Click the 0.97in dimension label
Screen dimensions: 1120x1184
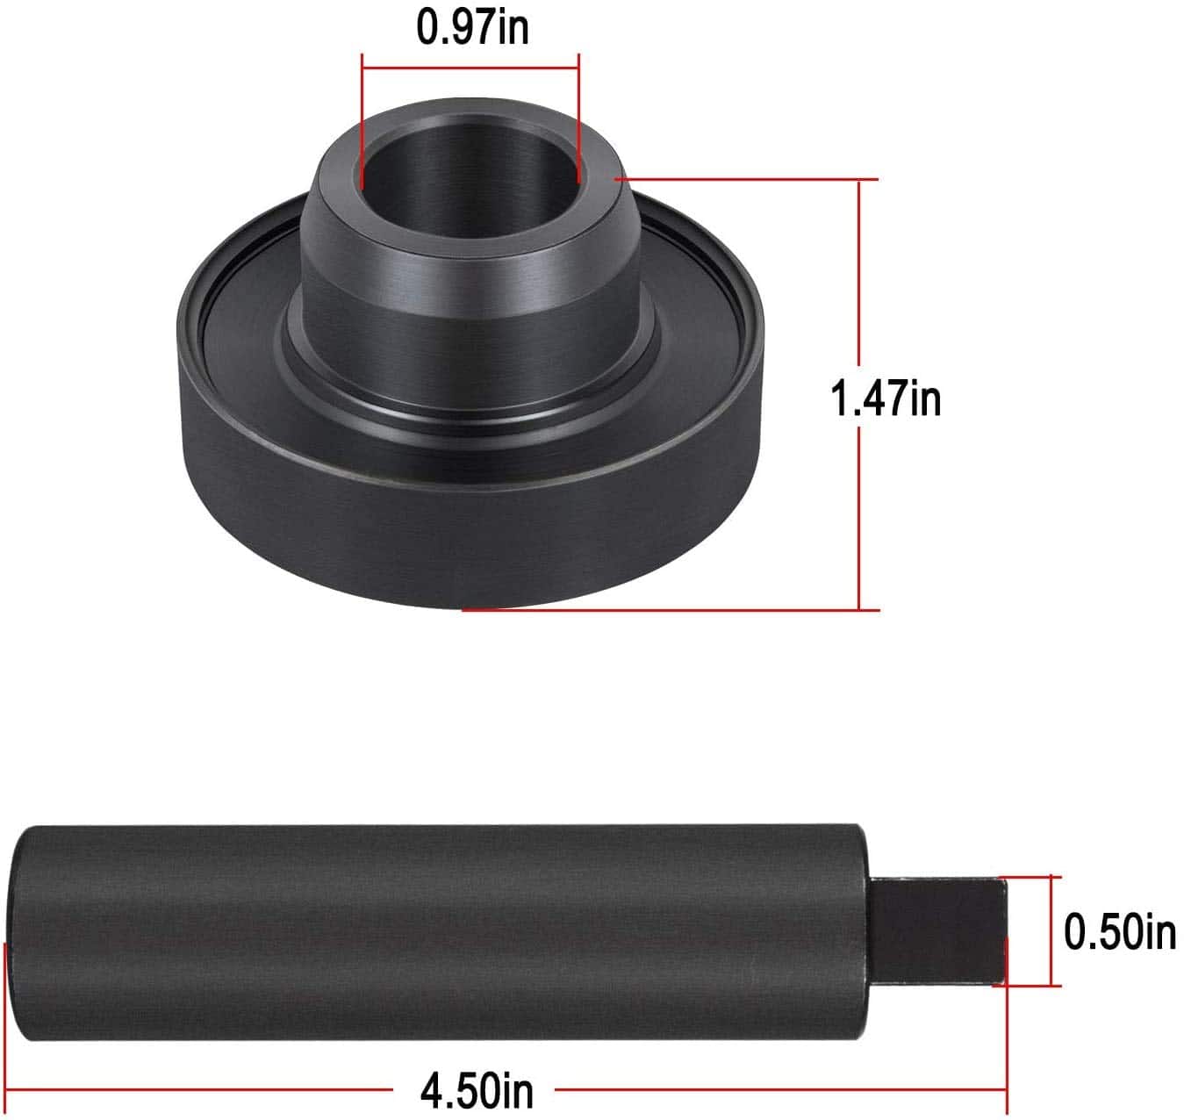pyautogui.click(x=472, y=27)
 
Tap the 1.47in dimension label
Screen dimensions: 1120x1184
pyautogui.click(x=886, y=398)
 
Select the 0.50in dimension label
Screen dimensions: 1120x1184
pyautogui.click(x=1119, y=930)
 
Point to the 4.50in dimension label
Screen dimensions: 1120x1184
pyautogui.click(x=476, y=1091)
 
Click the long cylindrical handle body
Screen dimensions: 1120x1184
pyautogui.click(x=439, y=932)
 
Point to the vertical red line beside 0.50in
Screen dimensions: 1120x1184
pyautogui.click(x=1051, y=930)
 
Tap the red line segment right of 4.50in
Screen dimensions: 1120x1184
pyautogui.click(x=781, y=1091)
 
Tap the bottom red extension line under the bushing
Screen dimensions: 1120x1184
pyautogui.click(x=667, y=610)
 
